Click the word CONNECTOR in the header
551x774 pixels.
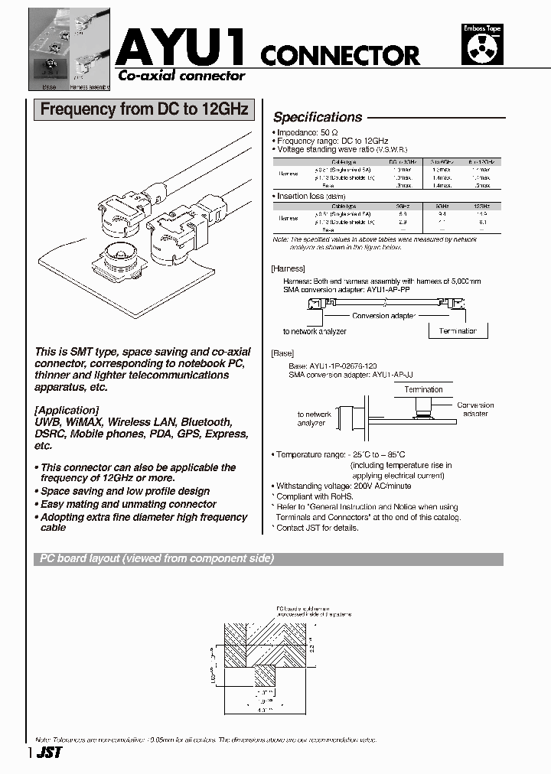tap(340, 55)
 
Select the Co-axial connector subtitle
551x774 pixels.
tap(181, 76)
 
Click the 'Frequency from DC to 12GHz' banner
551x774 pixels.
tap(144, 109)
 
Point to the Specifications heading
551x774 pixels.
tap(318, 117)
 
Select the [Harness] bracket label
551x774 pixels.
tap(288, 268)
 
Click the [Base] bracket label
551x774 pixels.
tap(282, 354)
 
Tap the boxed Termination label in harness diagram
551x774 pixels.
tap(458, 331)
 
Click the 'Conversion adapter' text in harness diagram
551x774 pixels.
tap(383, 315)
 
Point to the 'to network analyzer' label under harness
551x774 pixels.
tap(315, 331)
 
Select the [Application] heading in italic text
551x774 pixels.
tap(67, 410)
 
